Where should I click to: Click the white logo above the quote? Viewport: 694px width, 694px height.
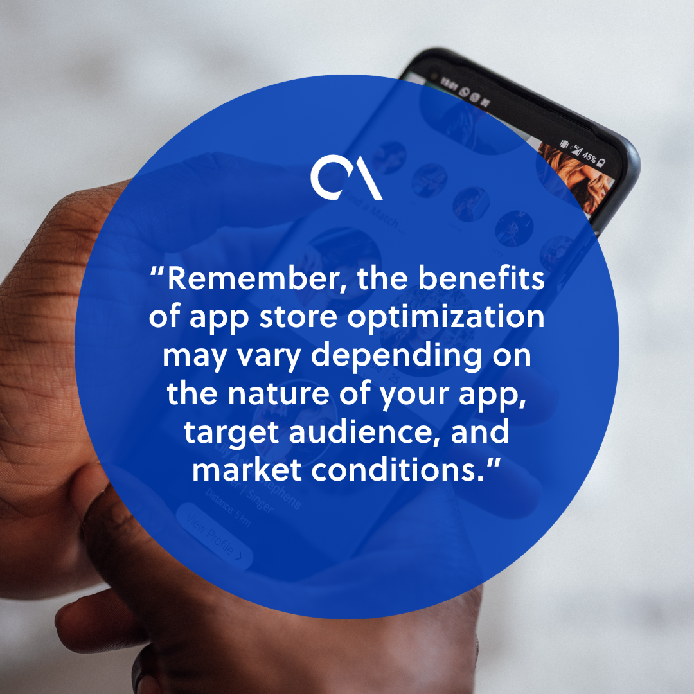[x=346, y=177]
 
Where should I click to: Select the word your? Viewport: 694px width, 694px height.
[x=412, y=394]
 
